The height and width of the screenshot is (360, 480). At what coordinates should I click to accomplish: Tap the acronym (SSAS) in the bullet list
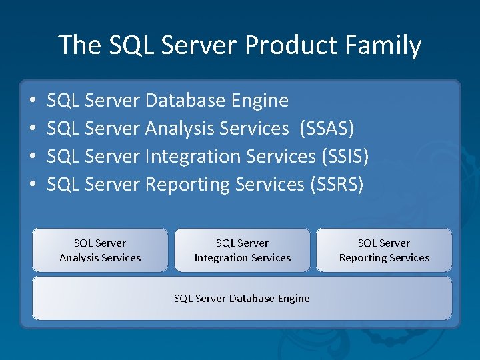pyautogui.click(x=327, y=128)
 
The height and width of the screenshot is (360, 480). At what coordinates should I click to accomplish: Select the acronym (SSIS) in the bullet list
pyautogui.click(x=345, y=156)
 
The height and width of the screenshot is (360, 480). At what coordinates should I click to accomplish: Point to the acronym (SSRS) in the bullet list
pyautogui.click(x=337, y=184)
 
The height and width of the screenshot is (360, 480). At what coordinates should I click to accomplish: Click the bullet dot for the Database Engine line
pyautogui.click(x=33, y=101)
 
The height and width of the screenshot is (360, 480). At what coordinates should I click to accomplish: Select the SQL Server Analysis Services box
pyautogui.click(x=100, y=250)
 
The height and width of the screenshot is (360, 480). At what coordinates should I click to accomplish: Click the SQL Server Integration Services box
pyautogui.click(x=243, y=250)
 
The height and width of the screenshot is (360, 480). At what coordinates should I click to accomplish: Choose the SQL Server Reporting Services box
pyautogui.click(x=384, y=250)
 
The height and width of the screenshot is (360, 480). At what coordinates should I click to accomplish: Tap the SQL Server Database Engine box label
pyautogui.click(x=242, y=299)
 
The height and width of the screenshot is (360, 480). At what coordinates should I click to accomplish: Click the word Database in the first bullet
pyautogui.click(x=185, y=101)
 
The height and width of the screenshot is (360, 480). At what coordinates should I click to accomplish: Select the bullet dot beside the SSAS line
pyautogui.click(x=33, y=129)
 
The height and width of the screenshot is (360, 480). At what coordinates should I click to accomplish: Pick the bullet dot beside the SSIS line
pyautogui.click(x=33, y=157)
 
